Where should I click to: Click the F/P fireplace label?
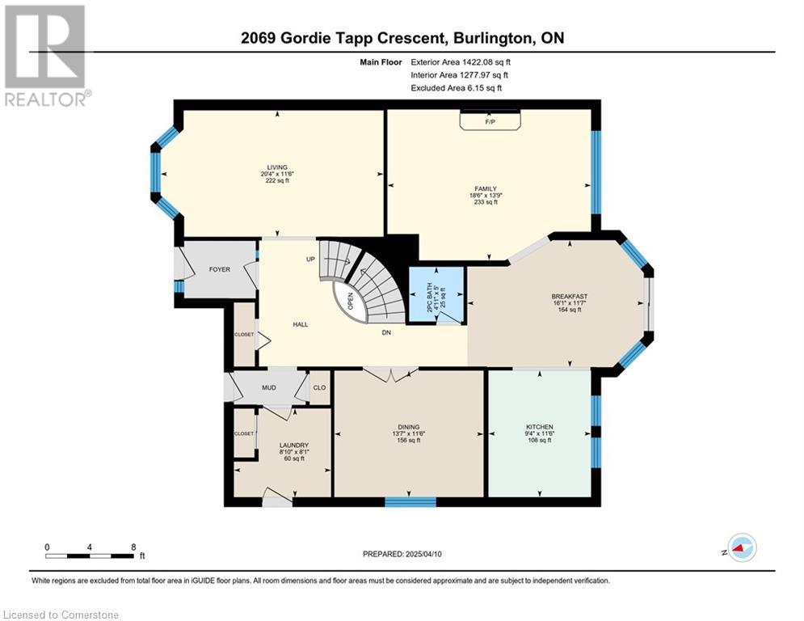point(490,122)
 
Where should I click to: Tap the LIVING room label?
point(277,167)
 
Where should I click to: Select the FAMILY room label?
point(486,189)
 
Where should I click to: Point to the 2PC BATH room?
point(436,296)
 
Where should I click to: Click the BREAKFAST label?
point(569,297)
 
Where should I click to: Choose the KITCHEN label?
point(540,427)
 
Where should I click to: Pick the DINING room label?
point(409,427)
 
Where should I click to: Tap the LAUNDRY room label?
point(294,445)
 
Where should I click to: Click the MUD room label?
point(269,387)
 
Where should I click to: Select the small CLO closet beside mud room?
point(319,387)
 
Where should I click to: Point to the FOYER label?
point(220,269)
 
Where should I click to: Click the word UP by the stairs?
point(310,260)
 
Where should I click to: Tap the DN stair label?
point(386,332)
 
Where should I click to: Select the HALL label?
point(301,324)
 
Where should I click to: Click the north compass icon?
point(742,547)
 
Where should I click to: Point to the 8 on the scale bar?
point(133,547)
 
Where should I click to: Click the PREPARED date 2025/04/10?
point(423,554)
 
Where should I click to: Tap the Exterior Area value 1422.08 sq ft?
point(486,62)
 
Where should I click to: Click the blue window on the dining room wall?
point(410,501)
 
